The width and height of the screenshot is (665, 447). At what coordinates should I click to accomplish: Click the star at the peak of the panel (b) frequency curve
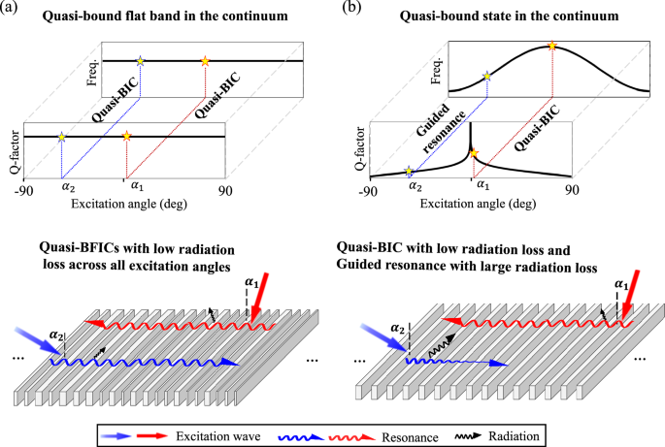coord(551,46)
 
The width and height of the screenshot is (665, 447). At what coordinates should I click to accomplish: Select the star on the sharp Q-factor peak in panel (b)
coord(473,153)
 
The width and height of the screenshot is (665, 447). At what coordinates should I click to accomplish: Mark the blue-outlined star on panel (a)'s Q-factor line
coord(62,137)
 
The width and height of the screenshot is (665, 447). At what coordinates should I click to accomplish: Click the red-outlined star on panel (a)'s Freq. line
coord(205,61)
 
